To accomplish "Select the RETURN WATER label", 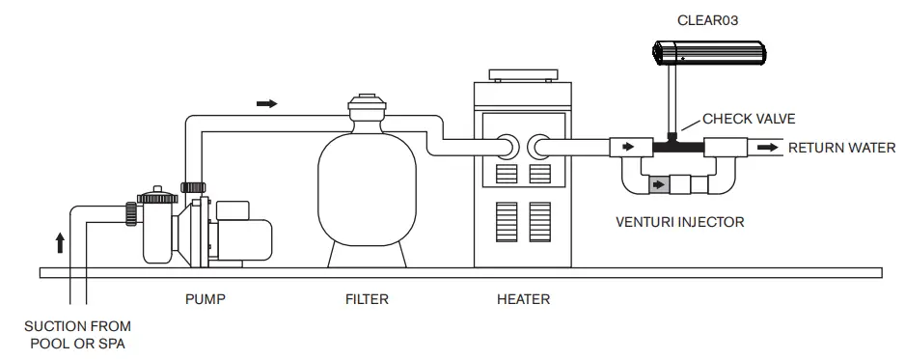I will (841, 148).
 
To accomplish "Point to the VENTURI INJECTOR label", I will (679, 222).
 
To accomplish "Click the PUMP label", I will (206, 299).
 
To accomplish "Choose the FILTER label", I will (367, 299).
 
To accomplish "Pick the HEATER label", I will (523, 299).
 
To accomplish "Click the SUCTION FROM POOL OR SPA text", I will (77, 335).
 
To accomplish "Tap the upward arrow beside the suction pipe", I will (60, 241).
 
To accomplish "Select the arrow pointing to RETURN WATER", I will (769, 148).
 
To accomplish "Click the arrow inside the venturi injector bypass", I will (660, 183).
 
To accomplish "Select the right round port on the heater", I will (538, 147).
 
